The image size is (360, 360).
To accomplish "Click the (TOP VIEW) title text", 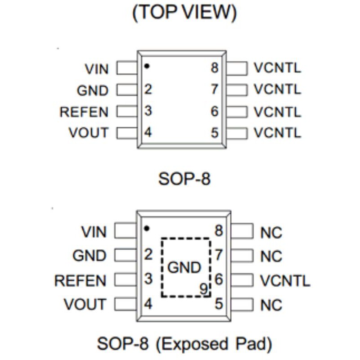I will [x=184, y=13].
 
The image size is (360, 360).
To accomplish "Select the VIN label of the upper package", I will [x=96, y=69].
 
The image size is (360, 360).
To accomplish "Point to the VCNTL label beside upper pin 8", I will [x=277, y=68].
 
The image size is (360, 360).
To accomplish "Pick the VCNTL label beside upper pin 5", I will [x=277, y=133].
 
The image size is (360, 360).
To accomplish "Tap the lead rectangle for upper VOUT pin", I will [x=127, y=133].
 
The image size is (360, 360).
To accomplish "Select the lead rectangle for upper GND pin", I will [x=127, y=90].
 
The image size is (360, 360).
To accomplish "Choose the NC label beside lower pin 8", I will [x=271, y=233].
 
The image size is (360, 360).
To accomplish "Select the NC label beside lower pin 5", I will [x=271, y=305].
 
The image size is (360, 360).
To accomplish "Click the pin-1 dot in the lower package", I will [x=146, y=228].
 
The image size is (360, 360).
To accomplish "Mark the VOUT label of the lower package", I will [x=85, y=305].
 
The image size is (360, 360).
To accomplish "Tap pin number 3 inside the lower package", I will [x=148, y=279].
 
